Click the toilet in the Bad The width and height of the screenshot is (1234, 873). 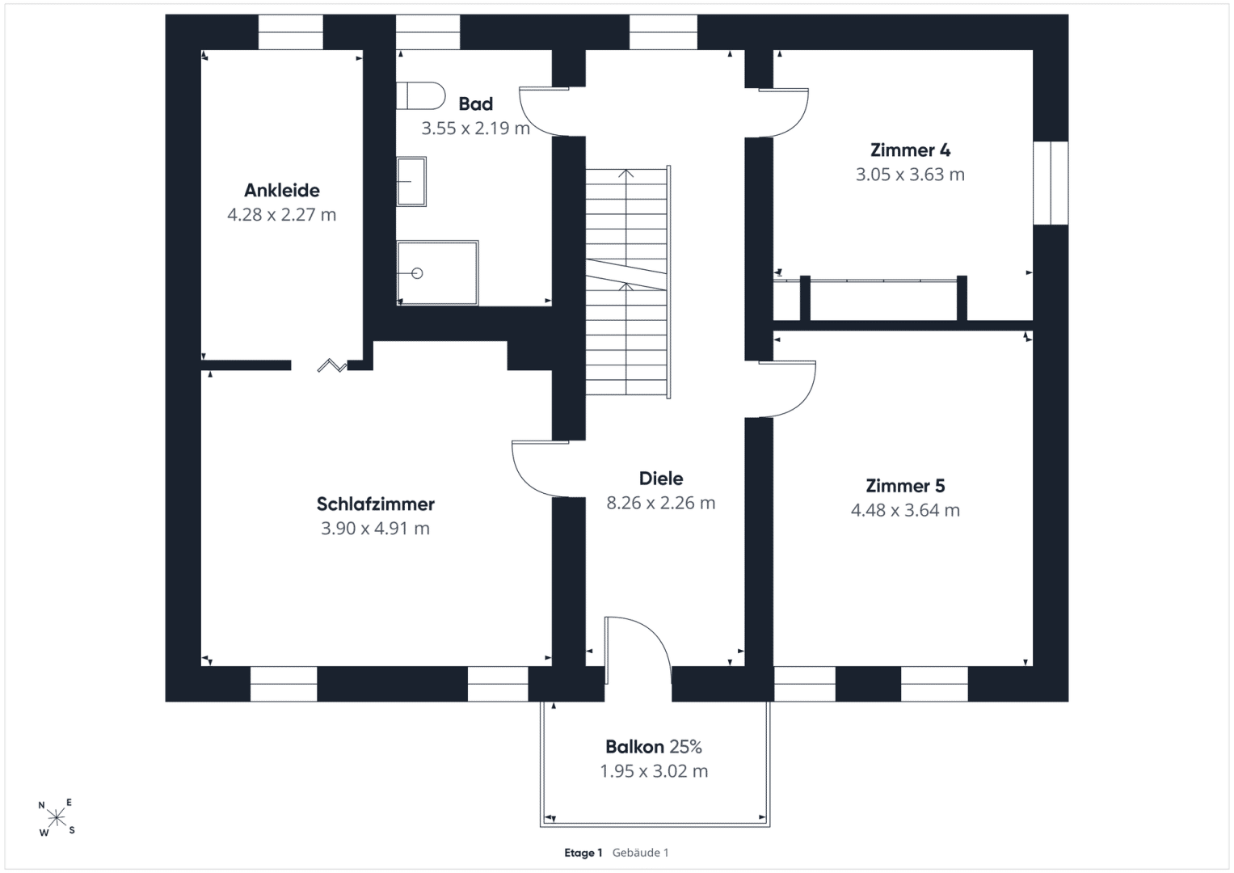click(x=420, y=96)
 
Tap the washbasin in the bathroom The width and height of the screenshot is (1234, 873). click(x=411, y=181)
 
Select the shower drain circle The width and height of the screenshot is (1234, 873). click(x=417, y=273)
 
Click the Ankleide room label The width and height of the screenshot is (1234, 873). click(x=281, y=190)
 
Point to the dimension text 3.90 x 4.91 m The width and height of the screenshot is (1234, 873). click(x=375, y=528)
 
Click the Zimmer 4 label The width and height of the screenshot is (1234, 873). click(x=910, y=150)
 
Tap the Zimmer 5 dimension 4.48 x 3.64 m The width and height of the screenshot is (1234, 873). click(x=905, y=510)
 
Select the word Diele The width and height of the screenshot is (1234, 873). click(x=661, y=479)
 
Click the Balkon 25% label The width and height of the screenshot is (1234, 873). click(x=654, y=747)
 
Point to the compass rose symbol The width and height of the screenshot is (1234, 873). click(x=57, y=817)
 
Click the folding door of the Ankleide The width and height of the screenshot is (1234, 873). click(x=332, y=365)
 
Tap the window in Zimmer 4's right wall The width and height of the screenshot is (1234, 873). click(x=1051, y=183)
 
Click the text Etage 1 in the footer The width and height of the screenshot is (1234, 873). click(x=583, y=853)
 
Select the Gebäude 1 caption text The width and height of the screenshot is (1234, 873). click(x=640, y=853)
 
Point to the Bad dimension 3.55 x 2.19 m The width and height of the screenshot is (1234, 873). click(x=475, y=129)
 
